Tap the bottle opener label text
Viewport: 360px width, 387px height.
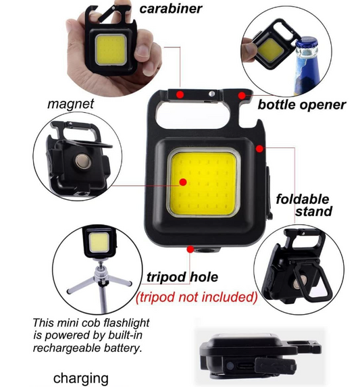(x=301, y=105)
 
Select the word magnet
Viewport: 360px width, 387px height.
(x=70, y=105)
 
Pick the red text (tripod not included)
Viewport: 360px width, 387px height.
(x=197, y=296)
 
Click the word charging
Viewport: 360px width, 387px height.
(x=80, y=378)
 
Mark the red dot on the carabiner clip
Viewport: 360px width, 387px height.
(x=180, y=93)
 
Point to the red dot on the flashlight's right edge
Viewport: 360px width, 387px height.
(x=259, y=145)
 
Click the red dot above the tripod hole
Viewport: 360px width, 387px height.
(x=192, y=251)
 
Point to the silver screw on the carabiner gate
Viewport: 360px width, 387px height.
(x=212, y=94)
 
